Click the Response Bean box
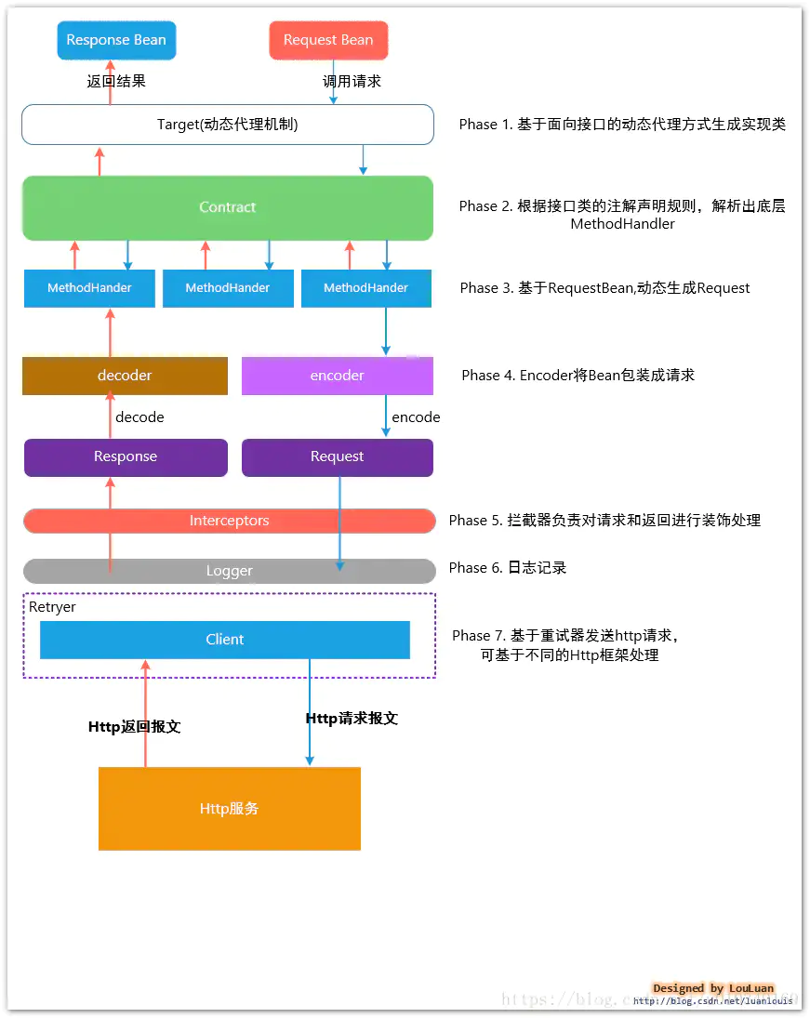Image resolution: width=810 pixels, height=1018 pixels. point(116,40)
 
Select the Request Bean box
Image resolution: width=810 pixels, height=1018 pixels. point(328,40)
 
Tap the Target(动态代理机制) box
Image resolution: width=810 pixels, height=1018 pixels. point(228,125)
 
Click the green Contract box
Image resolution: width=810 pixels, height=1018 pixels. point(228,207)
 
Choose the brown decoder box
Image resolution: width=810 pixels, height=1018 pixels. point(125,376)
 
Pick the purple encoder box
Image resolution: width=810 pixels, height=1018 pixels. point(337,376)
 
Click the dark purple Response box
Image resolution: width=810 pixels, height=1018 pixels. point(126,456)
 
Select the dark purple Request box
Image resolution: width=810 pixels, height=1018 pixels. point(337,456)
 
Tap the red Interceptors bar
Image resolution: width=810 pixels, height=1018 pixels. point(229,521)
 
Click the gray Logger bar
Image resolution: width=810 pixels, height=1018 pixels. point(229,571)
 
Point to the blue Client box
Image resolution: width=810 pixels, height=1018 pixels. point(225,640)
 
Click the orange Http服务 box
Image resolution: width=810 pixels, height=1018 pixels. point(229,809)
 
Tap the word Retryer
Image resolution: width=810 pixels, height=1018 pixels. point(52,607)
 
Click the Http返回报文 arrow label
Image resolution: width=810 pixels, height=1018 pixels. point(134,727)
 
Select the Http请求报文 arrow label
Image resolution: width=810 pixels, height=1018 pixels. point(352,719)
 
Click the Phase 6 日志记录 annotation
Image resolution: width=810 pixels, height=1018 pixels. point(508,568)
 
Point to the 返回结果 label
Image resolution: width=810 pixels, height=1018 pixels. point(116,81)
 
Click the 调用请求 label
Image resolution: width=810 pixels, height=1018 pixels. point(352,81)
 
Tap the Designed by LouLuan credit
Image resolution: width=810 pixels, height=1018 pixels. point(713,988)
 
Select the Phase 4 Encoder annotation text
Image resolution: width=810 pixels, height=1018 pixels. point(578,376)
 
